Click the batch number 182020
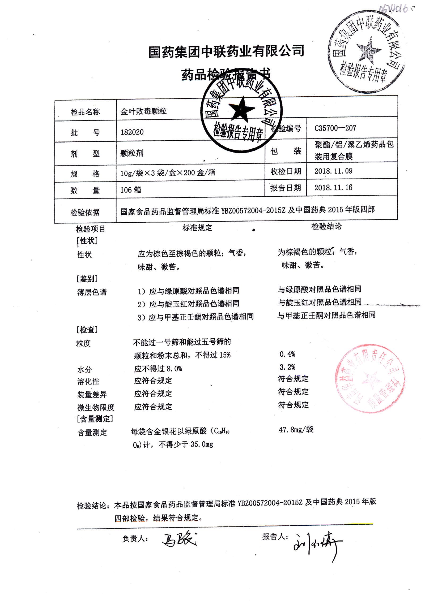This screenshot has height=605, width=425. (x=132, y=132)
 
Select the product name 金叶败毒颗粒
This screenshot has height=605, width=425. (x=143, y=111)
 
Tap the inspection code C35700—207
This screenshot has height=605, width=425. (x=335, y=128)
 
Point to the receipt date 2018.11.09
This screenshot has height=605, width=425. (x=333, y=171)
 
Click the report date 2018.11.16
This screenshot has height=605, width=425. (x=333, y=188)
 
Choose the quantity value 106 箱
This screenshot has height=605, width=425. (x=131, y=190)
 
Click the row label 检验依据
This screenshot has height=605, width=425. (x=85, y=212)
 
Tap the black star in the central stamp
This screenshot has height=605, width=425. (x=241, y=109)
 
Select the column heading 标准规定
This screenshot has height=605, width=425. (x=197, y=228)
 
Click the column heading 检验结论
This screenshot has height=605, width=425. (x=326, y=226)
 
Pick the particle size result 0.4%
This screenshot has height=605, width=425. (x=287, y=354)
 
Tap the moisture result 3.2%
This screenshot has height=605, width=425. (x=287, y=367)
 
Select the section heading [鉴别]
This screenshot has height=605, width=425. (x=87, y=279)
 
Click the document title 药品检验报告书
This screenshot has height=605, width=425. (x=226, y=74)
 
